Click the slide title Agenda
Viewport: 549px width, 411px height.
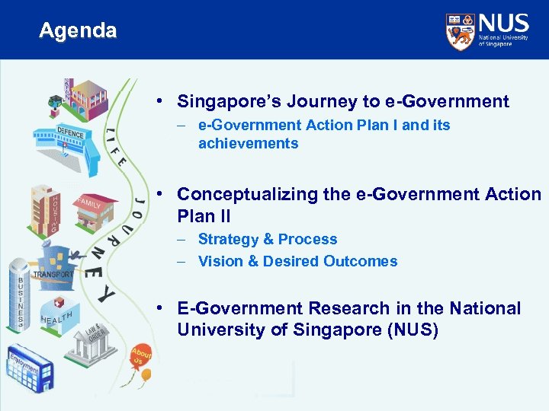(x=78, y=31)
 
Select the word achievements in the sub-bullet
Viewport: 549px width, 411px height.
(x=248, y=143)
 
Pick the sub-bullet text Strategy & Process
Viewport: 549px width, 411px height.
(x=267, y=239)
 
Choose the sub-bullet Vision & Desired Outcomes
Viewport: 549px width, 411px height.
(x=297, y=261)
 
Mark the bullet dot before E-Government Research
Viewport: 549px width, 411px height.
(x=163, y=308)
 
